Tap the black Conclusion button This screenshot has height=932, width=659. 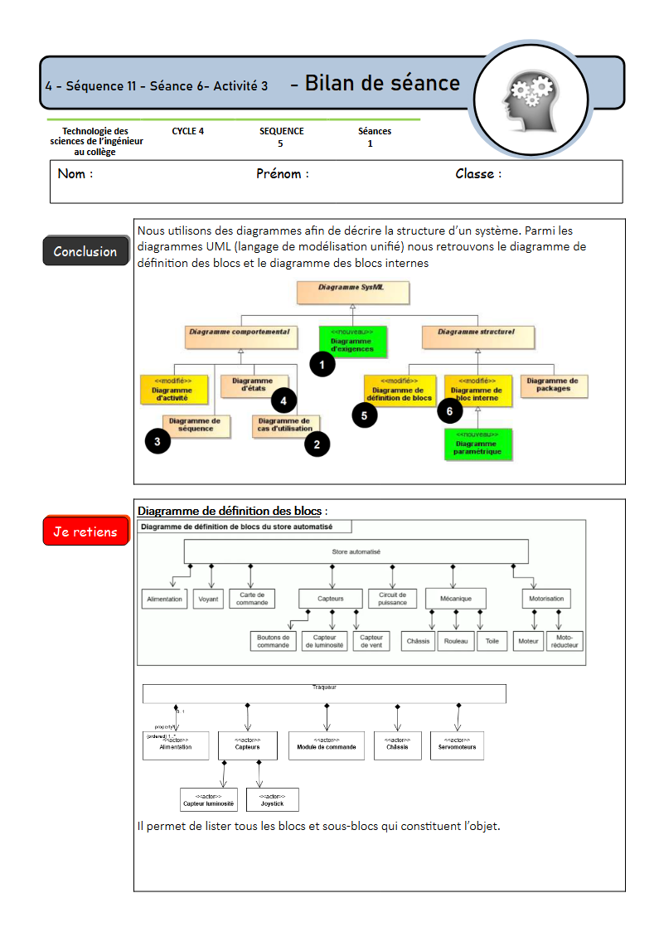click(x=85, y=251)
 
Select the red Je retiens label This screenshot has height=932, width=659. click(x=85, y=532)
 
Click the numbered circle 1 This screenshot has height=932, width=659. click(x=322, y=363)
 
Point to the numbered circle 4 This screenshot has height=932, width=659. click(x=283, y=400)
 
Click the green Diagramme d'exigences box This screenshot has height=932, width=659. click(x=352, y=341)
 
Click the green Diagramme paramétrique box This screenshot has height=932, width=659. click(x=477, y=444)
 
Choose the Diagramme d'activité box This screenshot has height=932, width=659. click(x=172, y=391)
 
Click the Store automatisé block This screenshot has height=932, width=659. click(x=356, y=551)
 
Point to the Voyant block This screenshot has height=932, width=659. click(x=209, y=599)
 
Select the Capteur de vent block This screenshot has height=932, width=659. click(x=371, y=641)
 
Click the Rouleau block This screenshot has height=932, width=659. click(x=456, y=641)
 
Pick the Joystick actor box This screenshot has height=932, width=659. click(x=272, y=800)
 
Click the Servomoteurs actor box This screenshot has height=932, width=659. click(x=457, y=745)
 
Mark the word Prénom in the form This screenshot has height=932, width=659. click(x=282, y=174)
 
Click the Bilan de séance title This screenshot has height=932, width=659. click(x=382, y=83)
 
